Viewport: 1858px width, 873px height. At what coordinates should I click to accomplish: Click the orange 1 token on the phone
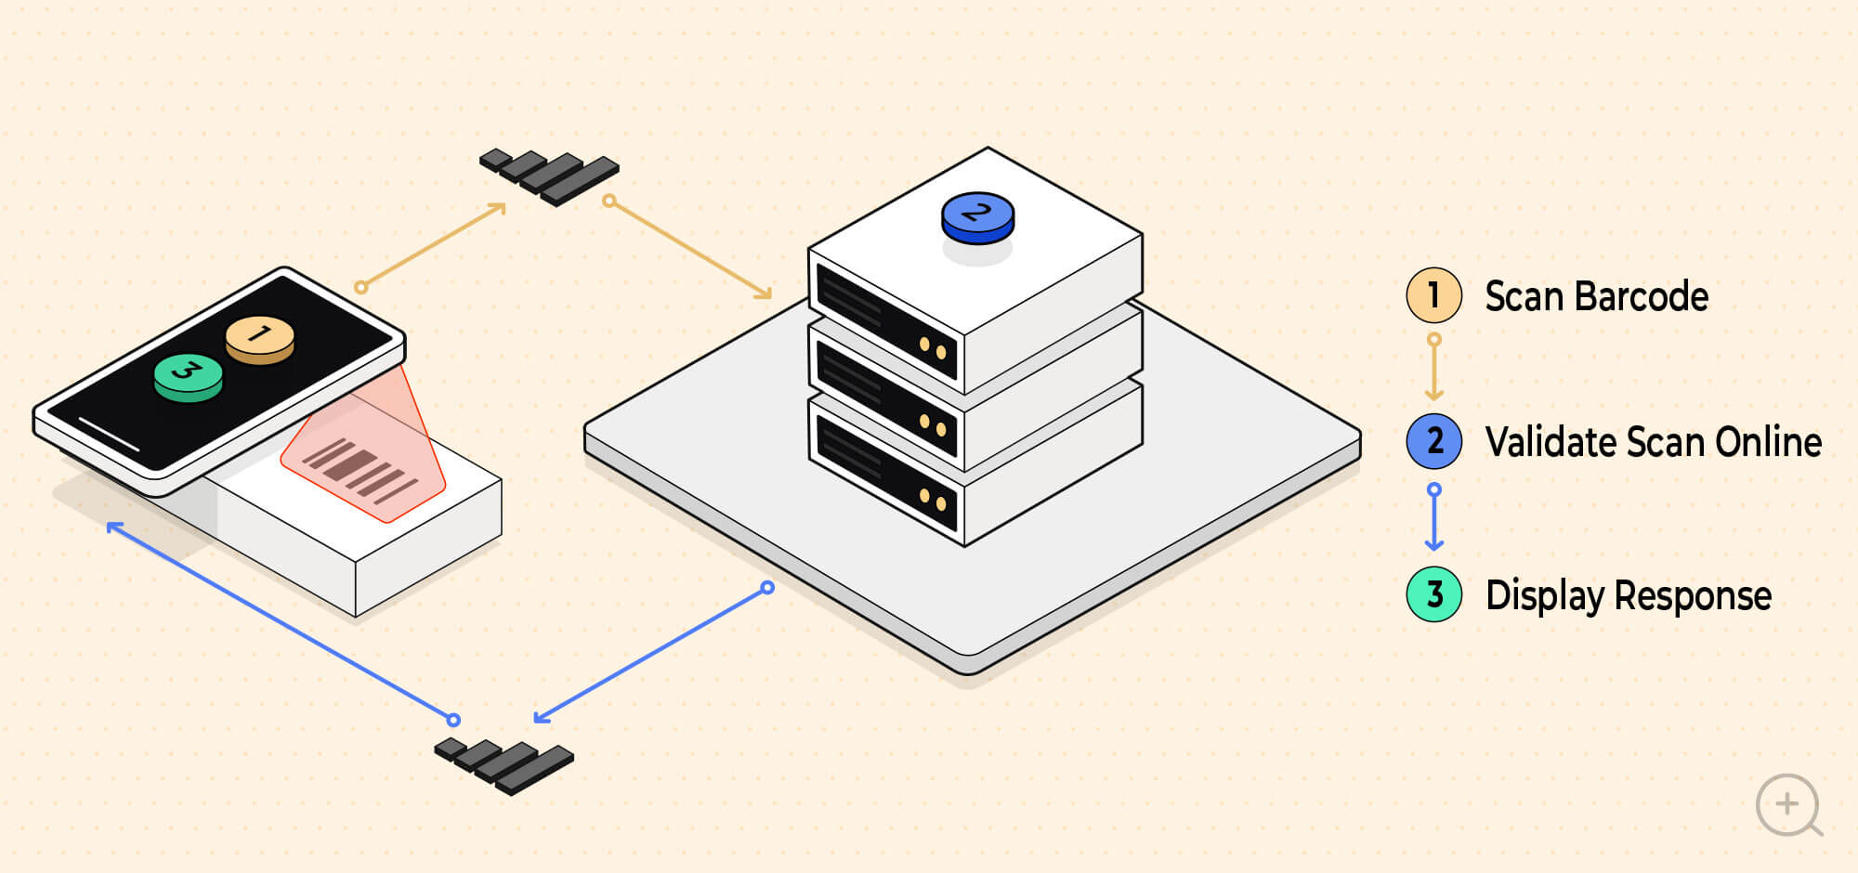coord(260,339)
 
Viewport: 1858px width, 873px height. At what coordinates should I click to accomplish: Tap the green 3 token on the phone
coord(189,376)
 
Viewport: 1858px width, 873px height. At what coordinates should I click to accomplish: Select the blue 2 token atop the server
coord(977,218)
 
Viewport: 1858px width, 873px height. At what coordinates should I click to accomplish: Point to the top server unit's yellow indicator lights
coord(932,348)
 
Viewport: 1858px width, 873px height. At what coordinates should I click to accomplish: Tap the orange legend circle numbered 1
coord(1434,295)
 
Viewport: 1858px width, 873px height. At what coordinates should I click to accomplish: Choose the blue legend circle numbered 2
coord(1434,441)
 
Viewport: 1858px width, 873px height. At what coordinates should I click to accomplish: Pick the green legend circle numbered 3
coord(1434,594)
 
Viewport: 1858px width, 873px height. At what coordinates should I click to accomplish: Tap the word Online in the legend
coord(1769,442)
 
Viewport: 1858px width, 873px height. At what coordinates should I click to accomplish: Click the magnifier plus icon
coord(1788,805)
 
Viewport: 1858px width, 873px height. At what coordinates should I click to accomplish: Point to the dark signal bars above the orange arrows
coord(549,176)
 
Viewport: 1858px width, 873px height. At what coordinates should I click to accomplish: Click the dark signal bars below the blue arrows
coord(504,766)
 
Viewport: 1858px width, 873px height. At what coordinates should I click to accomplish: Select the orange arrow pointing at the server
coord(689,249)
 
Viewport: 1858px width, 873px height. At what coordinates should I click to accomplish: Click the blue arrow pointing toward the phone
coord(280,621)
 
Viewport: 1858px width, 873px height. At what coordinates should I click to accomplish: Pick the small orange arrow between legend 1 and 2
coord(1434,368)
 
